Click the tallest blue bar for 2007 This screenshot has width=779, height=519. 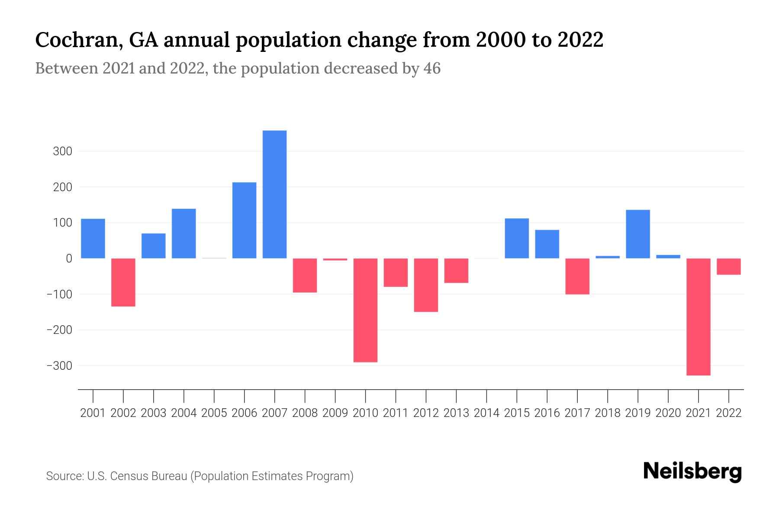pyautogui.click(x=274, y=195)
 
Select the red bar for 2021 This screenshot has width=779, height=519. pyautogui.click(x=698, y=317)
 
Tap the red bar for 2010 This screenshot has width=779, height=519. pyautogui.click(x=365, y=310)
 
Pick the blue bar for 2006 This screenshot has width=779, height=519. pyautogui.click(x=244, y=221)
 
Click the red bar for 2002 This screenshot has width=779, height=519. pyautogui.click(x=123, y=282)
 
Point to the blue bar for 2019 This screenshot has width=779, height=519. pyautogui.click(x=637, y=234)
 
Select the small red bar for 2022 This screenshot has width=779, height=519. pyautogui.click(x=728, y=266)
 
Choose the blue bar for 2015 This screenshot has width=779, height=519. pyautogui.click(x=517, y=238)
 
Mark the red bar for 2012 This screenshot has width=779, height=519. pyautogui.click(x=426, y=285)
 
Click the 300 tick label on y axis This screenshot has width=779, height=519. pyautogui.click(x=62, y=151)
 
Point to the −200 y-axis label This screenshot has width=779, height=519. pyautogui.click(x=59, y=330)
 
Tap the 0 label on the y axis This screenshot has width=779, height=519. pyautogui.click(x=69, y=259)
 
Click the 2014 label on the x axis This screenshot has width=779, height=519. pyautogui.click(x=486, y=413)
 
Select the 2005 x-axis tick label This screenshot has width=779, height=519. pyautogui.click(x=214, y=413)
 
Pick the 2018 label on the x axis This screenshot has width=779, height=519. pyautogui.click(x=607, y=413)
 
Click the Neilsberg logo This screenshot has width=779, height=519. pyautogui.click(x=692, y=471)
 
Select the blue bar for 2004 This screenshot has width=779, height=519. pyautogui.click(x=184, y=234)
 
